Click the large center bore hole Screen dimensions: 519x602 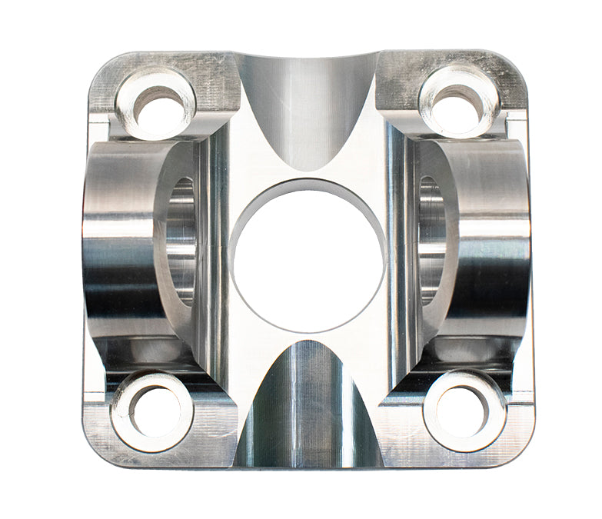(308, 258)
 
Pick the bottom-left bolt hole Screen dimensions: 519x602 (154, 410)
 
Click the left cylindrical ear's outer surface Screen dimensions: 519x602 (115, 246)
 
